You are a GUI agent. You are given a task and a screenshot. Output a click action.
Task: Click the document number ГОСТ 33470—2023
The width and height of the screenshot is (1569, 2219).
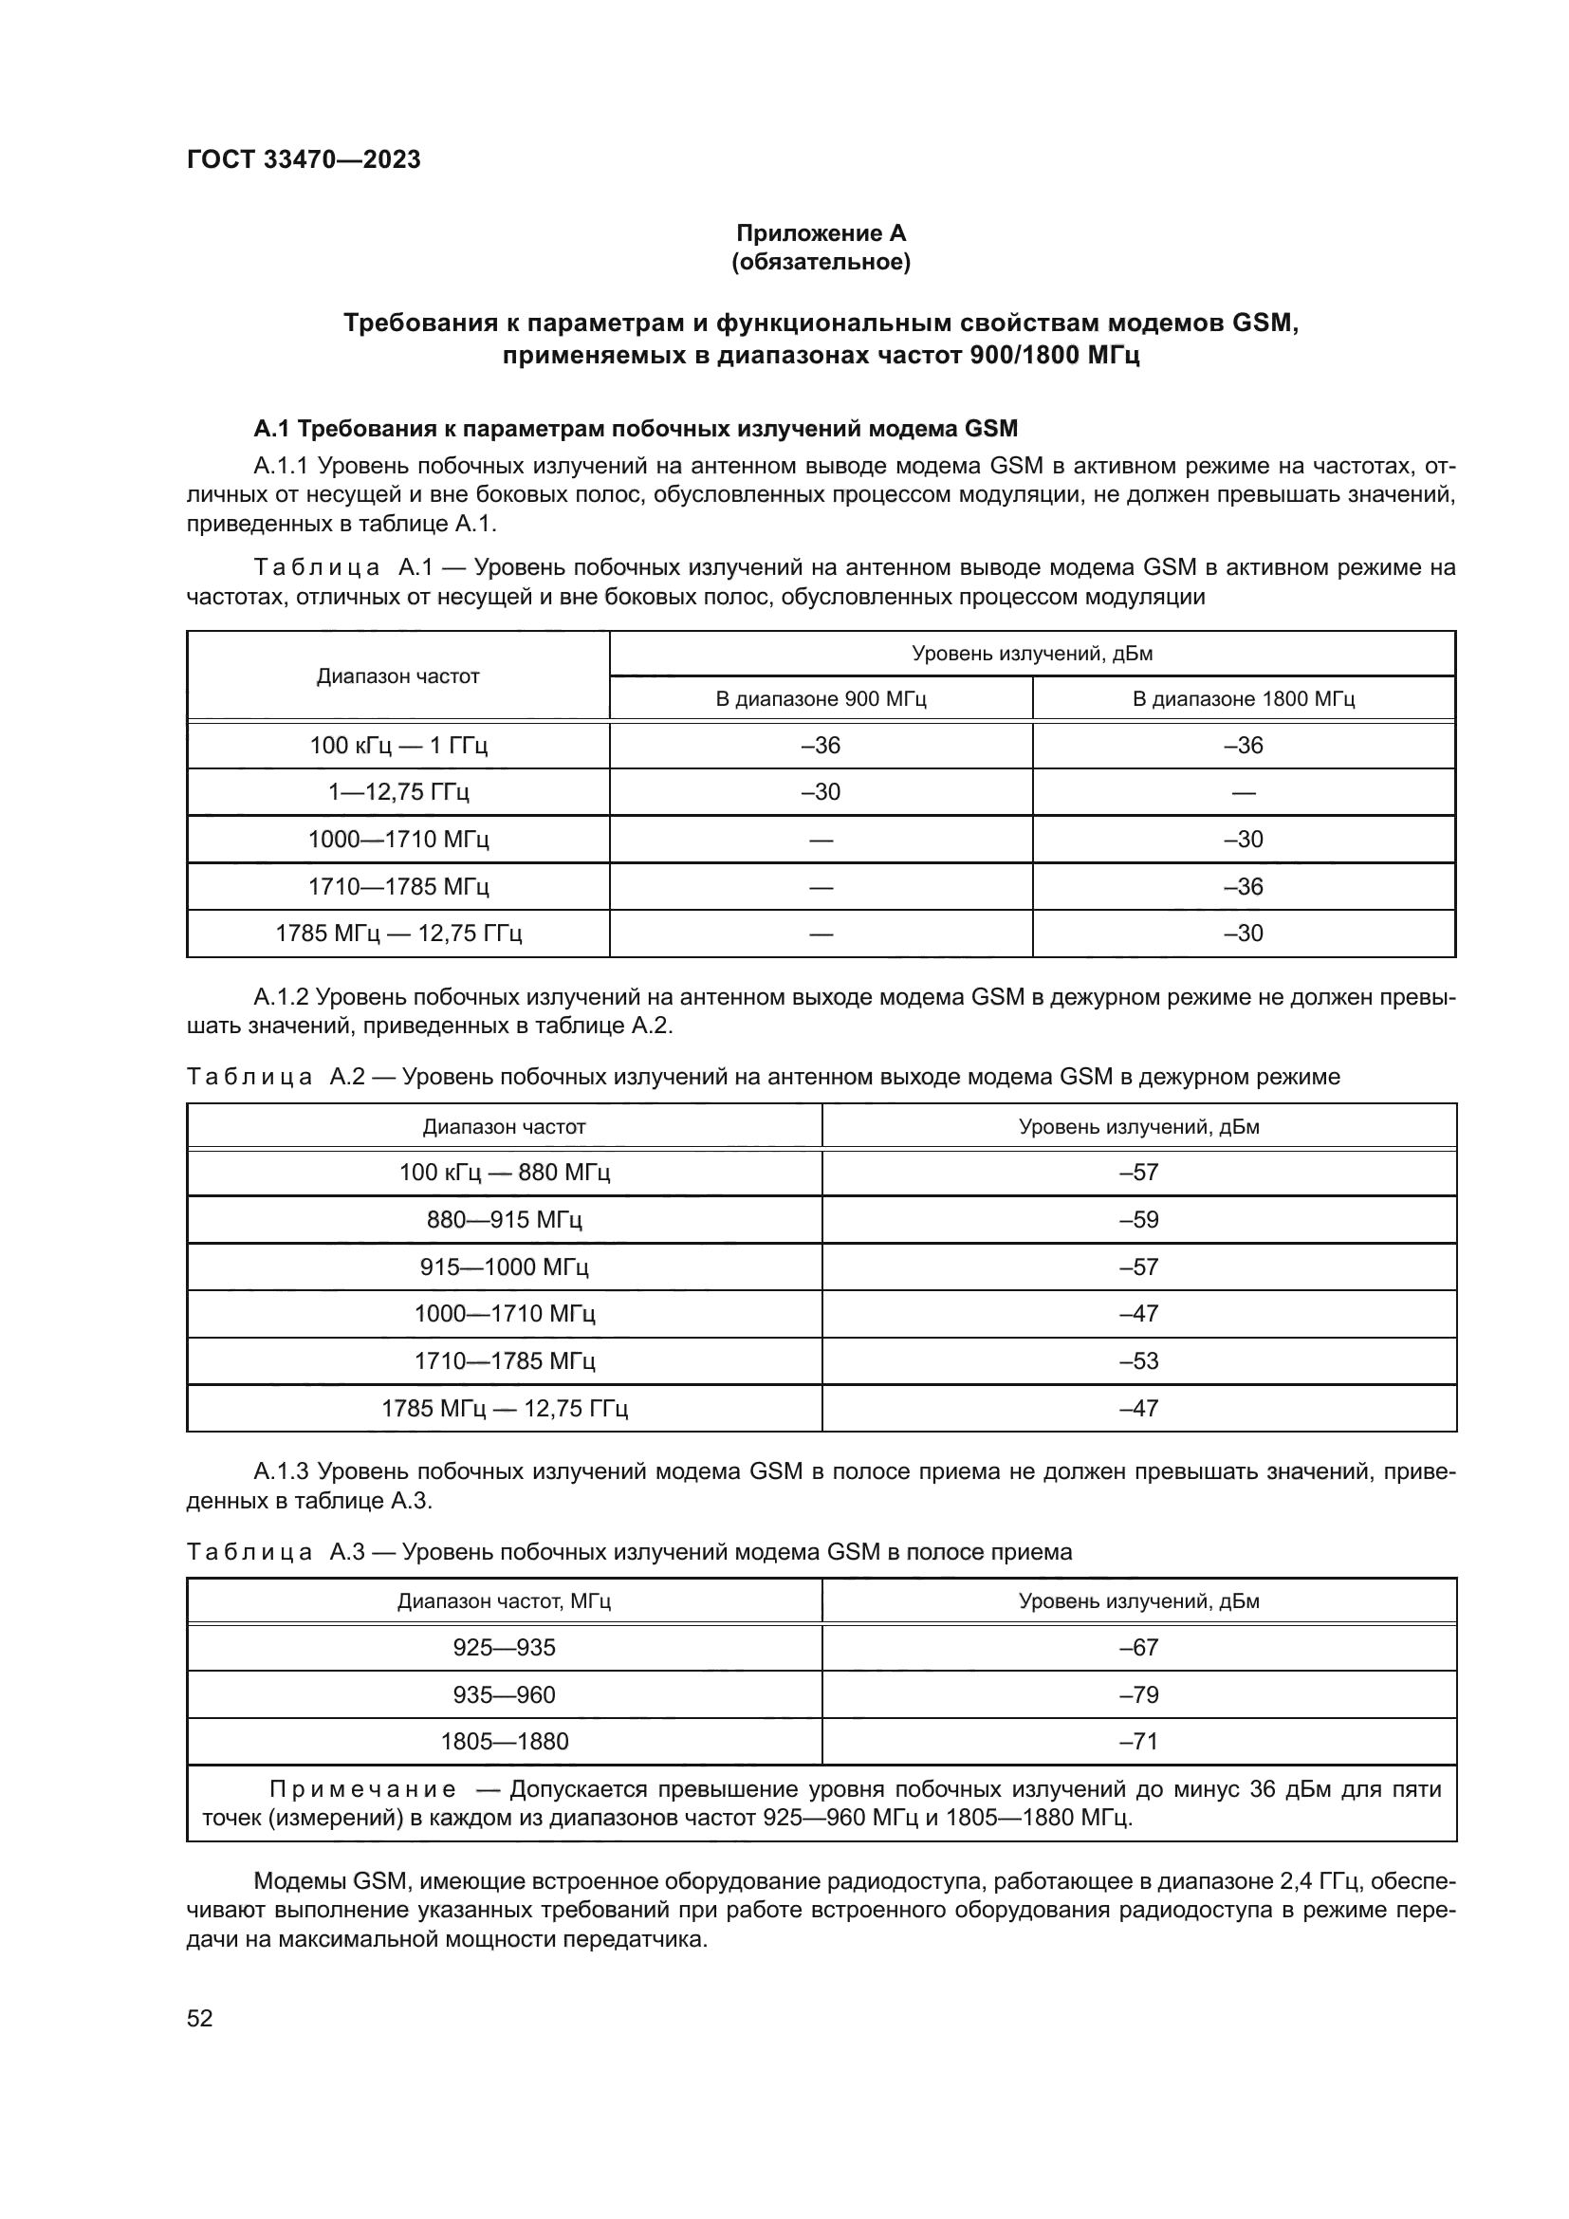[x=304, y=159]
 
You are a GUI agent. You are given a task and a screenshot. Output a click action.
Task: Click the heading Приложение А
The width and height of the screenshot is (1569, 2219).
[x=821, y=233]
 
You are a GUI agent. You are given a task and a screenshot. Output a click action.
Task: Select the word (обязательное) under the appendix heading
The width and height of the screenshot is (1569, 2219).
[x=821, y=262]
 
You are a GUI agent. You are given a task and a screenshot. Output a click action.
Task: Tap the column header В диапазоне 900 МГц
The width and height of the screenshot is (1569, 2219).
[x=821, y=699]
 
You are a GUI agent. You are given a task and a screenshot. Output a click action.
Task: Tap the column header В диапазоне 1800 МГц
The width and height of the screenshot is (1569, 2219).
[x=1243, y=699]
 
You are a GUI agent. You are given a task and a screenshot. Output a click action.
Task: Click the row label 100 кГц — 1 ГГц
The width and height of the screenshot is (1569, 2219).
[x=398, y=745]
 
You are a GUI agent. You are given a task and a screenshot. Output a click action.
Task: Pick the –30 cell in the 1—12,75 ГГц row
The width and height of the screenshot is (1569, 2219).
[x=821, y=792]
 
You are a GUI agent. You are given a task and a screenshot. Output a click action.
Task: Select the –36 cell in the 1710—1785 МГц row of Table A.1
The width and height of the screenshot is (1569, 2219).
[x=1243, y=886]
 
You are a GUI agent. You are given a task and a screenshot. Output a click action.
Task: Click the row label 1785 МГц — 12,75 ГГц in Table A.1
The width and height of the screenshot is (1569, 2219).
[x=398, y=934]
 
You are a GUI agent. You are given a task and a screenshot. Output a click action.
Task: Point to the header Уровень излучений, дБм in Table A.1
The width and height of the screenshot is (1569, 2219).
[x=1032, y=654]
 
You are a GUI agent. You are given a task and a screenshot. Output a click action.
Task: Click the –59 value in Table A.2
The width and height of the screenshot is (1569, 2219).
[x=1138, y=1220]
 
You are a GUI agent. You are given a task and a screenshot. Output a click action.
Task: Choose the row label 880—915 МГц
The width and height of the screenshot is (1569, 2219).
[x=504, y=1220]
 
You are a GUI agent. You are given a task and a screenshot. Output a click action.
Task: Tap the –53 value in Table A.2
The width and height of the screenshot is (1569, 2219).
[x=1138, y=1360]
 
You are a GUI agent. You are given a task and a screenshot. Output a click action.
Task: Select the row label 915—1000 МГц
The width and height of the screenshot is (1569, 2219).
[x=504, y=1267]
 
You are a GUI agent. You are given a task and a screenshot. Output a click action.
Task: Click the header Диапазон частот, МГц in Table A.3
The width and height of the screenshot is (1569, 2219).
[x=504, y=1601]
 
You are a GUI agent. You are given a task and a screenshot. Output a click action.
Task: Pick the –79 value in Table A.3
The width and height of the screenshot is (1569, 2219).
[x=1138, y=1694]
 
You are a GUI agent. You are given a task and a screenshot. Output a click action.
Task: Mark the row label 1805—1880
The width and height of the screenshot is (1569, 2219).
[x=504, y=1742]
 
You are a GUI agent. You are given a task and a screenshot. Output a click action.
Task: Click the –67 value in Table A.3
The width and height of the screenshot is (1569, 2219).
[x=1138, y=1648]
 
